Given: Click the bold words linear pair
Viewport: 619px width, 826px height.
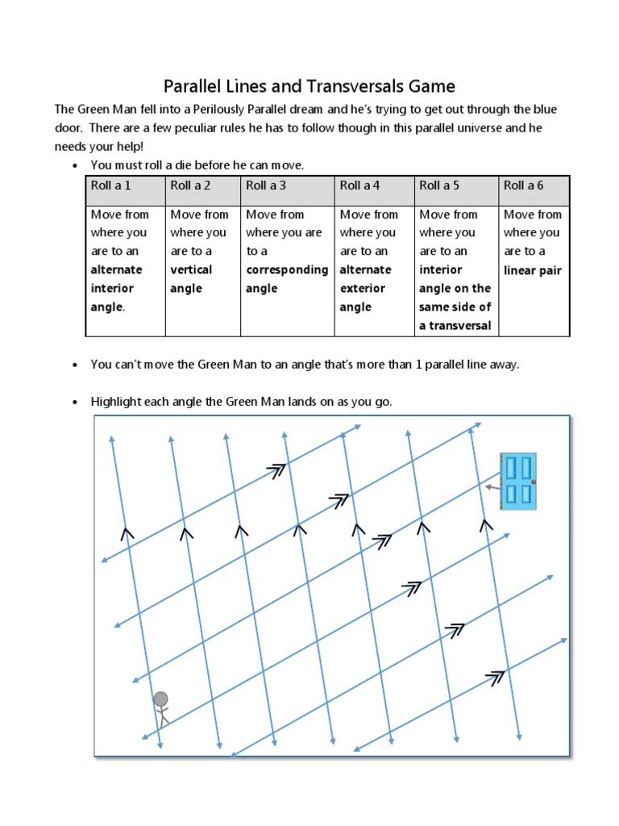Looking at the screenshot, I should [x=531, y=270].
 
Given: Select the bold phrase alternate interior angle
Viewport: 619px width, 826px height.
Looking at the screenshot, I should [x=116, y=288].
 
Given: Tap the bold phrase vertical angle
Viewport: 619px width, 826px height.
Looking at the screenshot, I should [x=191, y=279].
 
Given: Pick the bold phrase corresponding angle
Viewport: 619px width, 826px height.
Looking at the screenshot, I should [x=287, y=279].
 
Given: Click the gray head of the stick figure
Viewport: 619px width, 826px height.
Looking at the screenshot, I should [x=161, y=699].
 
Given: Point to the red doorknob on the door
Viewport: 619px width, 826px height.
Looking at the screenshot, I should [x=534, y=482].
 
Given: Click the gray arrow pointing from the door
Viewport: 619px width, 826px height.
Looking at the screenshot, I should [x=492, y=488].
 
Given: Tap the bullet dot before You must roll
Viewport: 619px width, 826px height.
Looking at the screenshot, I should [x=74, y=166].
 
